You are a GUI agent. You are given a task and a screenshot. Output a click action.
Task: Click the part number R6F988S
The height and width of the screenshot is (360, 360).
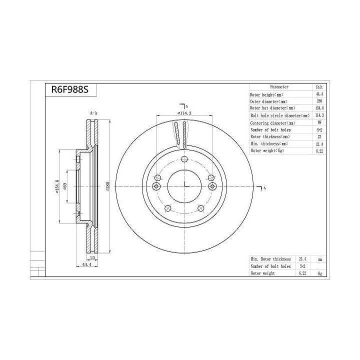66,90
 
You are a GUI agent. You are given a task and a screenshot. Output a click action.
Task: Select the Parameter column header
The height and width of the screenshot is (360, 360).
279,87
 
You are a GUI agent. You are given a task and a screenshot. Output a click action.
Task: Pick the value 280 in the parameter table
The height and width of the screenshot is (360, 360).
319,101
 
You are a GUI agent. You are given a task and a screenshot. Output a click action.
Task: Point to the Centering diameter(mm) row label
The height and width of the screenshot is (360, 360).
272,122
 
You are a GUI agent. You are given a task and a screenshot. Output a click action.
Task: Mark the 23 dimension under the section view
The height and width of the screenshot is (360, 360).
93,258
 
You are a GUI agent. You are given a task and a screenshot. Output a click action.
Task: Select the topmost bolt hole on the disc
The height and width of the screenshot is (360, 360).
184,159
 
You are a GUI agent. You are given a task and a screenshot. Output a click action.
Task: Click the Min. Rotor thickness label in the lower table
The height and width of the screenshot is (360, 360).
270,259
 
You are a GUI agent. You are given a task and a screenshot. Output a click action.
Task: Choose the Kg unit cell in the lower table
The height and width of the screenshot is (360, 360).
319,273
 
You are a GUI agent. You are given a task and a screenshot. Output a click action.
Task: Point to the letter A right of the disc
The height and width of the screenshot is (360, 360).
264,188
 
